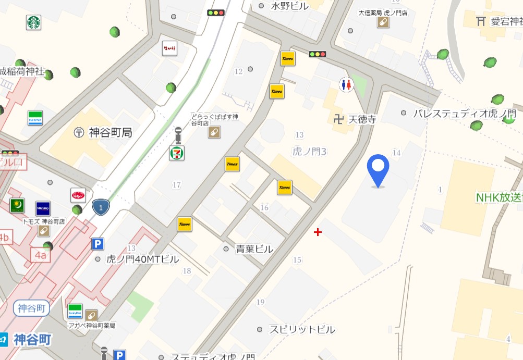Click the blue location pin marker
pyautogui.click(x=378, y=170)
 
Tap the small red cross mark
pyautogui.click(x=318, y=232)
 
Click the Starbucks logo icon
pyautogui.click(x=34, y=22)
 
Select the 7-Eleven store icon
pyautogui.click(x=177, y=153)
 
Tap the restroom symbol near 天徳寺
pyautogui.click(x=346, y=85)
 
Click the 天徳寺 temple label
pyautogui.click(x=362, y=119)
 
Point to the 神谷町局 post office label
pyautogui.click(x=110, y=132)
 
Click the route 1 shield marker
pyautogui.click(x=101, y=207)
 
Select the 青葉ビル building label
pyautogui.click(x=254, y=249)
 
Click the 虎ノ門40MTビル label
pyautogui.click(x=142, y=259)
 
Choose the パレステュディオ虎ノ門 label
pyautogui.click(x=464, y=113)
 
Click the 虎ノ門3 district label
pyautogui.click(x=309, y=152)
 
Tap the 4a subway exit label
pyautogui.click(x=41, y=255)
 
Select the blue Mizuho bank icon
pyautogui.click(x=43, y=208)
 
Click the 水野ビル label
pyautogui.click(x=290, y=6)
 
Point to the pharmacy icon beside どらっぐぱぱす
pyautogui.click(x=214, y=133)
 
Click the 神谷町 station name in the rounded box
pyautogui.click(x=31, y=308)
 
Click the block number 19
pyautogui.click(x=261, y=302)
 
